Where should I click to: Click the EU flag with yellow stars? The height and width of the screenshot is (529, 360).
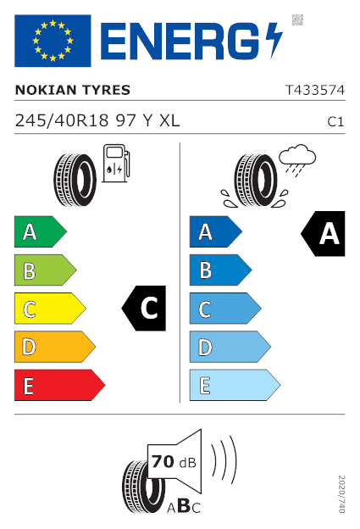click(x=53, y=41)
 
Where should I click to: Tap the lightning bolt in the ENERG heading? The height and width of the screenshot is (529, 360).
click(x=274, y=41)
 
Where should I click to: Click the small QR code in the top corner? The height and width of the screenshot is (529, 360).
click(x=297, y=19)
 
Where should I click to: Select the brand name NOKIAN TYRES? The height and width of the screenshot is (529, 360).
click(x=73, y=90)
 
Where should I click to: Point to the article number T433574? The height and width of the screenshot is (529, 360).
click(x=315, y=90)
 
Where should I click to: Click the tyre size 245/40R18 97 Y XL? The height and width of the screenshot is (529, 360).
click(x=97, y=120)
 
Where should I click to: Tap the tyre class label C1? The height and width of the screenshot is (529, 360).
click(x=335, y=122)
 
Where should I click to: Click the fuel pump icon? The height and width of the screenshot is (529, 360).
click(x=116, y=164)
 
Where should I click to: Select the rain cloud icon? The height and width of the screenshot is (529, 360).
click(x=297, y=160)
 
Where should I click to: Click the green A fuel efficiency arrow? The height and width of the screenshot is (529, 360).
click(x=41, y=231)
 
